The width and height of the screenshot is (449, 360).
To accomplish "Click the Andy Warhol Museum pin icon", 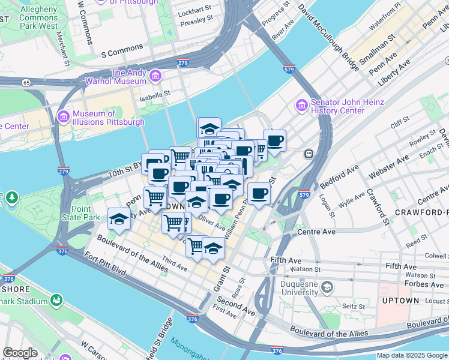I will click(x=155, y=76).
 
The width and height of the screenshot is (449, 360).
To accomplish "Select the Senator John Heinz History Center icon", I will click(x=302, y=106).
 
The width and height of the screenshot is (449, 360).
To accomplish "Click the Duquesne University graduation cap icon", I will click(x=327, y=287).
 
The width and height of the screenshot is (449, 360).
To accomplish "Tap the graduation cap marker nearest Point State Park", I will click(x=119, y=219).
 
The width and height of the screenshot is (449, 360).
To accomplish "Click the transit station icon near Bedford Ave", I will click(x=309, y=153).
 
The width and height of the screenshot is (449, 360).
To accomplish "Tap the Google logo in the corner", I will click(x=20, y=353).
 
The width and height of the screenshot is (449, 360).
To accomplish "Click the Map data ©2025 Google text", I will click(x=412, y=355).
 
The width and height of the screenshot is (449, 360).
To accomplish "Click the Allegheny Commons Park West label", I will click(x=40, y=18).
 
